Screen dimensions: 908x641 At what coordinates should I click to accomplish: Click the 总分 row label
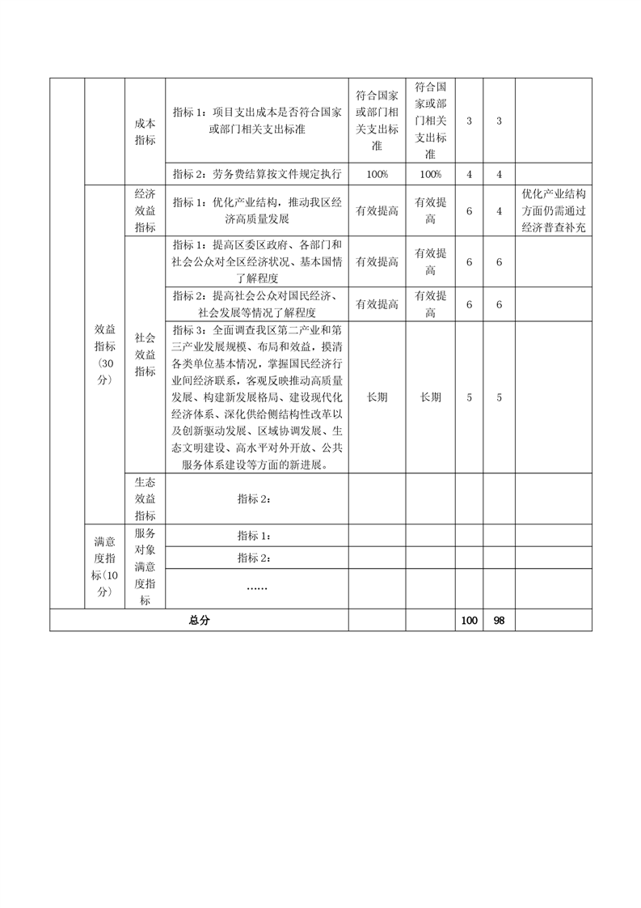(199, 620)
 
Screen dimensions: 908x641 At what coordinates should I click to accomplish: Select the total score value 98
(499, 620)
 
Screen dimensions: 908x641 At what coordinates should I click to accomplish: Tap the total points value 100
(468, 620)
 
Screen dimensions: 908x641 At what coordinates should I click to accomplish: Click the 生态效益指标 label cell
(145, 498)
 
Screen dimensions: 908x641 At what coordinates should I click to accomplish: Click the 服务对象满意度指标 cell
(145, 566)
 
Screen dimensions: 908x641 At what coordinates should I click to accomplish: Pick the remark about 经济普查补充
(553, 211)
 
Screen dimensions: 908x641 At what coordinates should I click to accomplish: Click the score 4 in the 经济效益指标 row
(499, 211)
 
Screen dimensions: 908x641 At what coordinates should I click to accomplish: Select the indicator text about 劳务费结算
(256, 174)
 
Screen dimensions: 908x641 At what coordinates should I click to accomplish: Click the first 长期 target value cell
(377, 397)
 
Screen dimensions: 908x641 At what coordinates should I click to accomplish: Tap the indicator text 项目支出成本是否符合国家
(256, 121)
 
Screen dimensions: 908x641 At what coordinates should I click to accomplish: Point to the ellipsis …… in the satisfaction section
(256, 586)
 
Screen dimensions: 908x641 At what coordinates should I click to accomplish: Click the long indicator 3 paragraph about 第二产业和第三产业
(256, 397)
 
